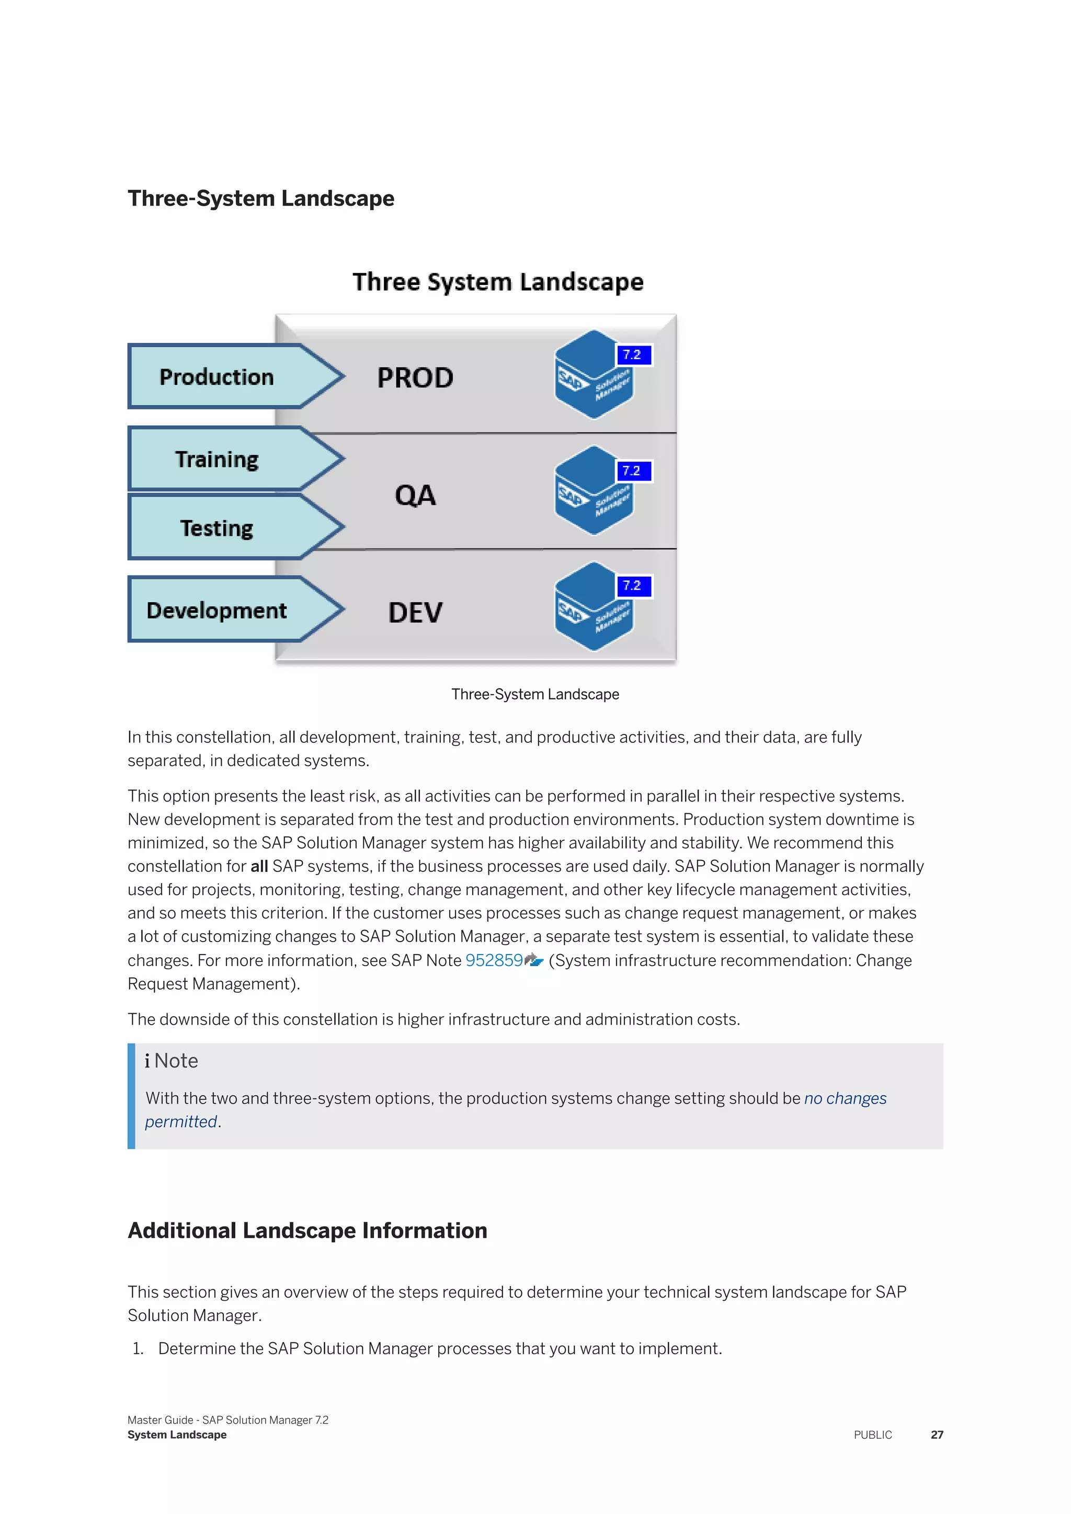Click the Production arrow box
coord(218,376)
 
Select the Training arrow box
coord(218,459)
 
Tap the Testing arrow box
coord(218,528)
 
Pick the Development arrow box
coord(218,610)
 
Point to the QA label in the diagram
coord(415,495)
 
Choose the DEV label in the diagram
coord(415,612)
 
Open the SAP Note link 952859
coord(494,960)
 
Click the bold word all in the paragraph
coord(259,866)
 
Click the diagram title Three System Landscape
coord(498,282)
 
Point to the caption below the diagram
coord(535,694)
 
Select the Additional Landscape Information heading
coord(307,1231)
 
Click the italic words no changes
coord(845,1098)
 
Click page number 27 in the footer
coord(937,1435)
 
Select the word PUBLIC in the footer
coord(872,1435)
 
